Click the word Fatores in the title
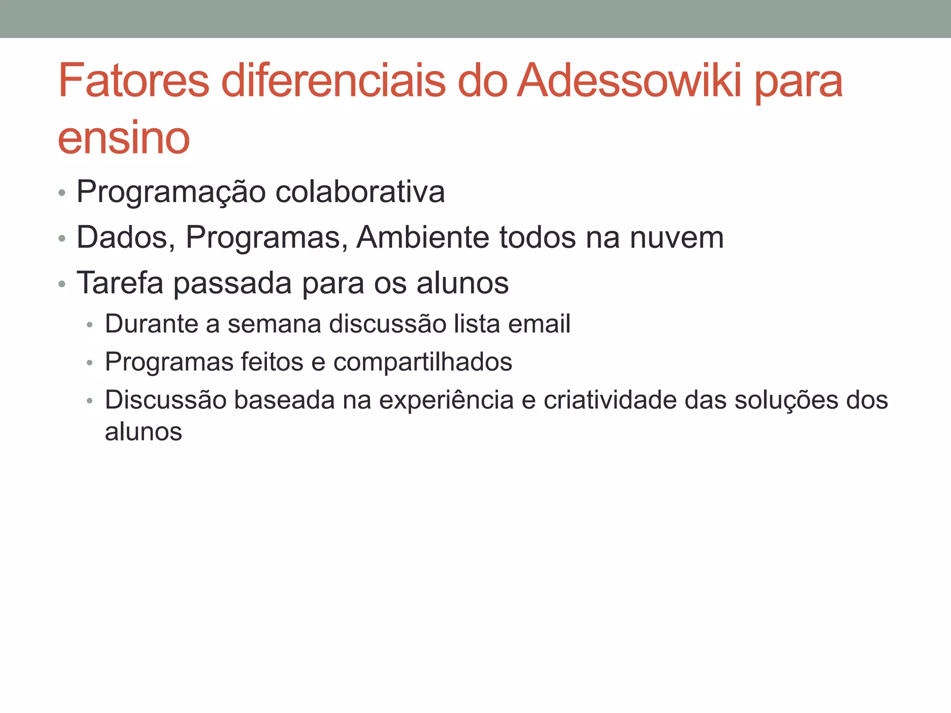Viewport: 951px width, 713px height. [134, 81]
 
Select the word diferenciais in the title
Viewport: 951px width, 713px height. [333, 81]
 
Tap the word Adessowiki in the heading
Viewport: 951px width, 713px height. [629, 81]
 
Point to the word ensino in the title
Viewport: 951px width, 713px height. [124, 138]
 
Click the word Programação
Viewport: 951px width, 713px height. [170, 192]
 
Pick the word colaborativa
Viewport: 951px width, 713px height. [360, 191]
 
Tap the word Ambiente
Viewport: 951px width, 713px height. [423, 237]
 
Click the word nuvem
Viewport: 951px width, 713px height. [677, 237]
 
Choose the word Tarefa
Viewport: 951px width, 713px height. [120, 283]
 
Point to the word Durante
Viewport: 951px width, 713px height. [151, 324]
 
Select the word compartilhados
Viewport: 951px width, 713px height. [423, 362]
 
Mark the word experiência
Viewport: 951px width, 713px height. [446, 401]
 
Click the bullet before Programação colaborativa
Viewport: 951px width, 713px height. [62, 193]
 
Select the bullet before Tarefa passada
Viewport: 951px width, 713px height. [62, 284]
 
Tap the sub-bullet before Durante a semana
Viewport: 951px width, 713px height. [90, 324]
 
